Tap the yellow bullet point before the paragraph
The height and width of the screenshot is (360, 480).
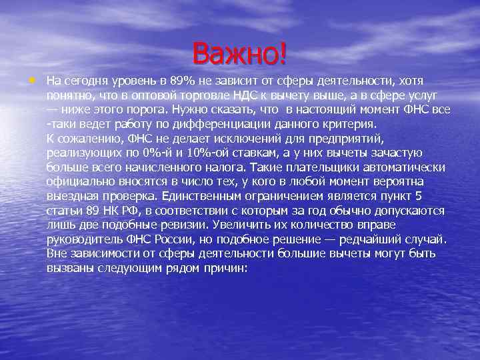click(x=33, y=80)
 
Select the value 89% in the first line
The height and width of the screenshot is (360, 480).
click(x=173, y=81)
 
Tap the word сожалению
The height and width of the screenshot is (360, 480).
click(x=87, y=139)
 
